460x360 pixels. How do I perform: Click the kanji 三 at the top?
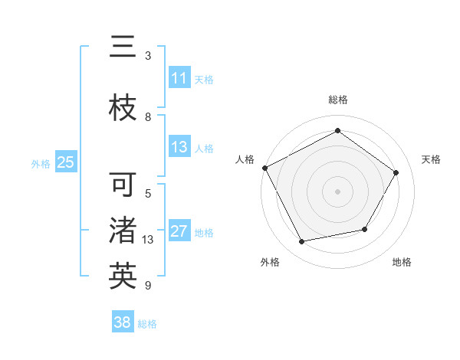[x=123, y=47]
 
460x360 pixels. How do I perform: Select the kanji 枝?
[x=123, y=109]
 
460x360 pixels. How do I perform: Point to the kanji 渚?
[x=123, y=231]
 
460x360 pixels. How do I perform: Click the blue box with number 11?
[x=179, y=78]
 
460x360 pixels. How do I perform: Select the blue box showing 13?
[x=179, y=148]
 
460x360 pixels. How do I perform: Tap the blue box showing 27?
[x=179, y=232]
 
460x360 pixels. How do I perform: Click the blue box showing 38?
[x=123, y=323]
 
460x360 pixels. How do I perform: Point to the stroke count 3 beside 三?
[x=148, y=56]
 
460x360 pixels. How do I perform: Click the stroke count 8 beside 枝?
[x=148, y=117]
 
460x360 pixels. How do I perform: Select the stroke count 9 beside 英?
[x=148, y=286]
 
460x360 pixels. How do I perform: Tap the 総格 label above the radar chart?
[x=338, y=100]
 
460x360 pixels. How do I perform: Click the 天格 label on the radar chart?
[x=431, y=159]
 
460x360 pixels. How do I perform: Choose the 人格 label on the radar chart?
[x=245, y=159]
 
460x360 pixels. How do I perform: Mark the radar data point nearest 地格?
[x=365, y=229]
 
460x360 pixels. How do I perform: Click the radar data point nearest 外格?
[x=302, y=242]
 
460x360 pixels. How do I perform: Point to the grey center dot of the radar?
[x=338, y=191]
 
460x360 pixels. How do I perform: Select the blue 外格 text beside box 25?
[x=41, y=163]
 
